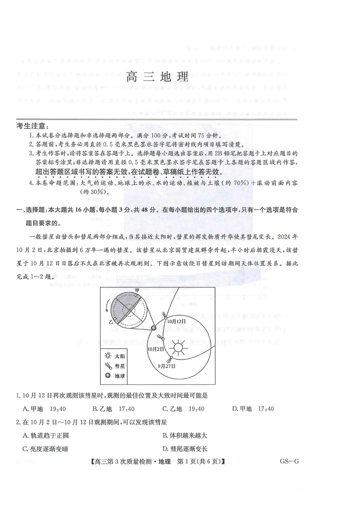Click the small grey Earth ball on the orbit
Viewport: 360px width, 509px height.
pos(153,328)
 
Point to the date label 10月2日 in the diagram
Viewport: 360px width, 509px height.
pos(156,349)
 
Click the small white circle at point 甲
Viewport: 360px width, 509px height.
pos(136,296)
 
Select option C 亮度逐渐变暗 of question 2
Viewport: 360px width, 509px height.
pos(45,449)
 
